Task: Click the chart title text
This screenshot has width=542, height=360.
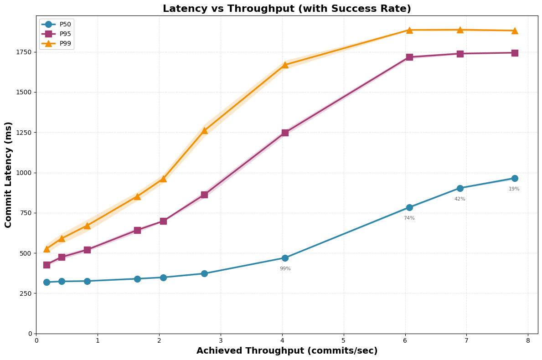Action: pos(287,9)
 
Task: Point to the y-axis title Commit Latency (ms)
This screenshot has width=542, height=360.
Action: pos(9,175)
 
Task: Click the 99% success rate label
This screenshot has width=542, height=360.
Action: pos(285,269)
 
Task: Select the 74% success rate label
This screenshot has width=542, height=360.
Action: pos(409,218)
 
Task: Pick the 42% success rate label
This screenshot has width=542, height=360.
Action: pos(459,199)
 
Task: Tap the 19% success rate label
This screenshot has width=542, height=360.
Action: pos(514,189)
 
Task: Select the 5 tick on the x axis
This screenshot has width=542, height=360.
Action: pos(344,341)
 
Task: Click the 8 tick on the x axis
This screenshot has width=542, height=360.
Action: pos(528,341)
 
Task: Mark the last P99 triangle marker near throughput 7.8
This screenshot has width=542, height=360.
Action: pos(515,31)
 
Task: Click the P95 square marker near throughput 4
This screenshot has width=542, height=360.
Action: pos(285,133)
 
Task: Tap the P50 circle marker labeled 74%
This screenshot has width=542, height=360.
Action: pos(409,207)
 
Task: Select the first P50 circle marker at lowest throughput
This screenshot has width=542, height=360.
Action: pos(46,282)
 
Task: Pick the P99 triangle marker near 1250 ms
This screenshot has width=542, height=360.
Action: pos(204,130)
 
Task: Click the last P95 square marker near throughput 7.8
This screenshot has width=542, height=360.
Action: pos(515,53)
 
